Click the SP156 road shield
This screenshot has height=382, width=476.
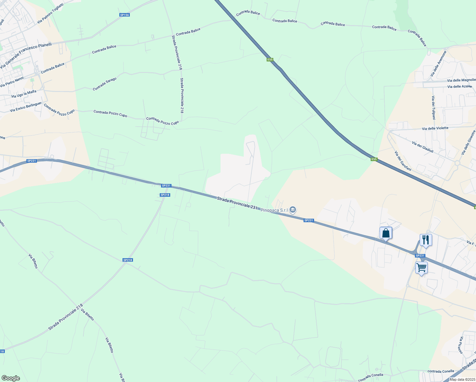point(125,15)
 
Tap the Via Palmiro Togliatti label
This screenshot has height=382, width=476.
point(50,13)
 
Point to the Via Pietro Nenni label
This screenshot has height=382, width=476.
point(12,82)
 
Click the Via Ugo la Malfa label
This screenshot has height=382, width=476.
point(24,94)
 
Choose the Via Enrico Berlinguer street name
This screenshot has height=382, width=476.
point(26,107)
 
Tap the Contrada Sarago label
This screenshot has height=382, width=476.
point(105,84)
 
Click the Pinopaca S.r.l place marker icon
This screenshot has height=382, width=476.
point(293,210)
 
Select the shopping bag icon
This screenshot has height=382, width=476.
point(386,233)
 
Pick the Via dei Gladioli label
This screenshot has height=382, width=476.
point(423,147)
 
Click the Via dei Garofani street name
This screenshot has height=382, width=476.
point(403,161)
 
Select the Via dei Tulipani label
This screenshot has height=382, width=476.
point(433,108)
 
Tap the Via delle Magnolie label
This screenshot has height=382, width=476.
point(461,80)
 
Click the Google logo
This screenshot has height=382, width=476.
point(10,378)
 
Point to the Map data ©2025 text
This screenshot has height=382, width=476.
point(462,379)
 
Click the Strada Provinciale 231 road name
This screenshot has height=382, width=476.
point(237,203)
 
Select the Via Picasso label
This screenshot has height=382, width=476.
point(461,345)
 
